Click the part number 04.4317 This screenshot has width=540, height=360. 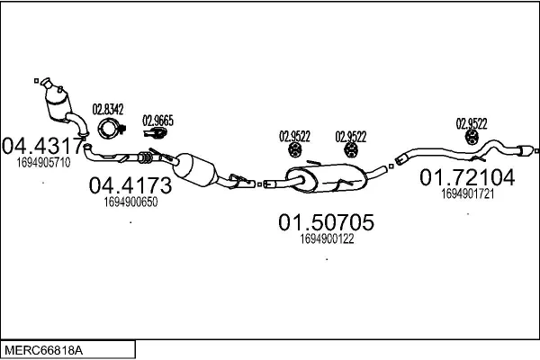click(42, 145)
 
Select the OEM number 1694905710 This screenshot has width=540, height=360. click(42, 163)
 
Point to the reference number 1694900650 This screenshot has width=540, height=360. click(130, 203)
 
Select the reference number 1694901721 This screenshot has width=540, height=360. click(468, 193)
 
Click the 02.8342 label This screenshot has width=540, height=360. click(107, 111)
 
